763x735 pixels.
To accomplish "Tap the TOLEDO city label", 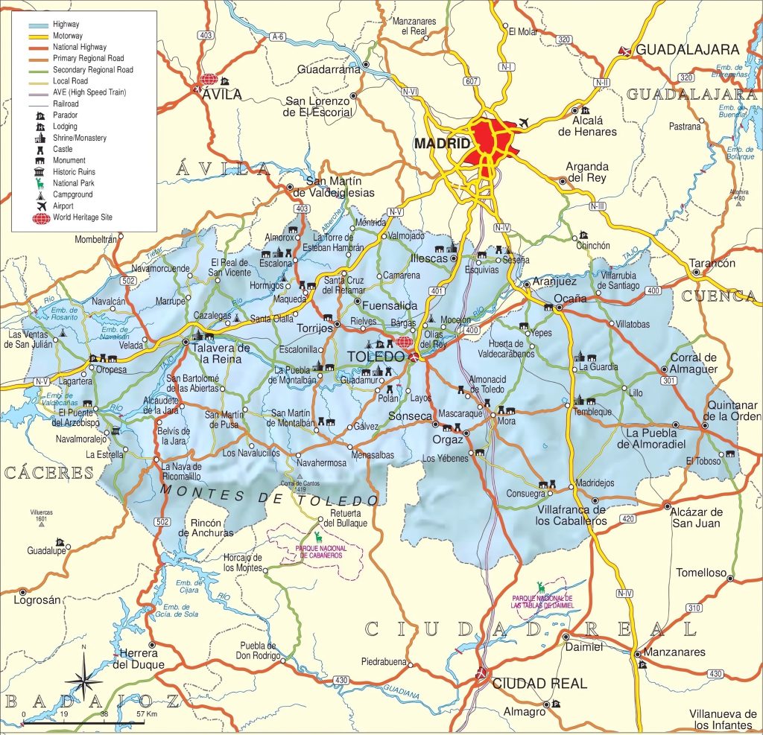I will pyautogui.click(x=376, y=357).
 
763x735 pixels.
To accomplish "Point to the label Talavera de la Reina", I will pyautogui.click(x=220, y=354).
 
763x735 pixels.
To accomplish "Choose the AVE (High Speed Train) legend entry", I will pyautogui.click(x=89, y=92).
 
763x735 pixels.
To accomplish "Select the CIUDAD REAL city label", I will pyautogui.click(x=539, y=684).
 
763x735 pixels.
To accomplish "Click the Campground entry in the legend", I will pyautogui.click(x=72, y=194).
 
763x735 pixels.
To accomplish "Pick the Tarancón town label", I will pyautogui.click(x=712, y=263).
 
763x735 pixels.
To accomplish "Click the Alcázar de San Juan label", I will pyautogui.click(x=696, y=517).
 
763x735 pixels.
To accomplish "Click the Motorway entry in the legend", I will pyautogui.click(x=69, y=36).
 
